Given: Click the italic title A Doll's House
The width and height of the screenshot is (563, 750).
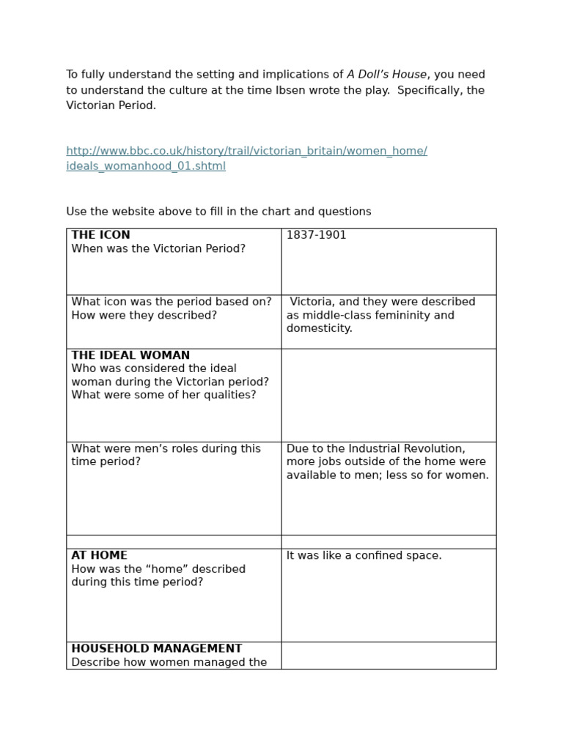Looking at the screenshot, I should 386,75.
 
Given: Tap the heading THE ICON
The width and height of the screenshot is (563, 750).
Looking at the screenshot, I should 100,235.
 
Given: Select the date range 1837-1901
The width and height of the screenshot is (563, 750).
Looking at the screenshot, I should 316,235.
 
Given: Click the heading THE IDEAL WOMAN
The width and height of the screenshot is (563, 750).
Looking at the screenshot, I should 130,355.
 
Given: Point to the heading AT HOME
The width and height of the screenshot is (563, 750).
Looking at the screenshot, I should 99,555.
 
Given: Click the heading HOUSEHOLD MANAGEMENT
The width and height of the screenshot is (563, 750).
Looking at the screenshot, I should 156,648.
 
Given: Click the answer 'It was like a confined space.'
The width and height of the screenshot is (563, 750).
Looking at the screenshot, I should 364,555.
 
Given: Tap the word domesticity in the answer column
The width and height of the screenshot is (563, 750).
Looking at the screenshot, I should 319,328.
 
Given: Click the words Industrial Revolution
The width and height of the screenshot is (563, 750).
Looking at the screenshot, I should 399,448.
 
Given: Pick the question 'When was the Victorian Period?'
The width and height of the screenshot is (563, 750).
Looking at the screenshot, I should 158,248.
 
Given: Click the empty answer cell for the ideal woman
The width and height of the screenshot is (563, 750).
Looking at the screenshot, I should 389,395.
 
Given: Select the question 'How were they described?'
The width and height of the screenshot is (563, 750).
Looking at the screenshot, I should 144,315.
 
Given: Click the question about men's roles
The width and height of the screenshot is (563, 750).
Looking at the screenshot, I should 166,455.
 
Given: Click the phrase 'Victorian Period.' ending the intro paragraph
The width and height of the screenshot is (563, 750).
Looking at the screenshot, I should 111,105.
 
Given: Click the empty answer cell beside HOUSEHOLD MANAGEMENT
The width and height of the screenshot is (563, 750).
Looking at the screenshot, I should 389,656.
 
